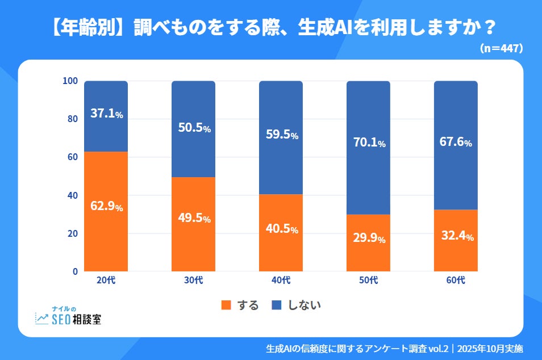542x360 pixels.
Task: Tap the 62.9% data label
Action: [106, 207]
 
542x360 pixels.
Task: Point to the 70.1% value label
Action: [369, 143]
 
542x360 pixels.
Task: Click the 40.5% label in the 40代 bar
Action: [281, 229]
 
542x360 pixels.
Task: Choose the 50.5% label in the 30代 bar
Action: [194, 128]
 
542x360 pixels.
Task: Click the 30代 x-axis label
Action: [194, 281]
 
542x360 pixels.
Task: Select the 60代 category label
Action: [456, 281]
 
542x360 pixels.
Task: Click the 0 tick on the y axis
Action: [74, 271]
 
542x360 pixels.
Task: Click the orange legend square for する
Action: [226, 305]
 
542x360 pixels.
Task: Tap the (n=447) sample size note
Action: [501, 49]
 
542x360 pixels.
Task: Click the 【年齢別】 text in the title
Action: [81, 27]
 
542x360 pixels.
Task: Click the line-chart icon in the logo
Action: [42, 319]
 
